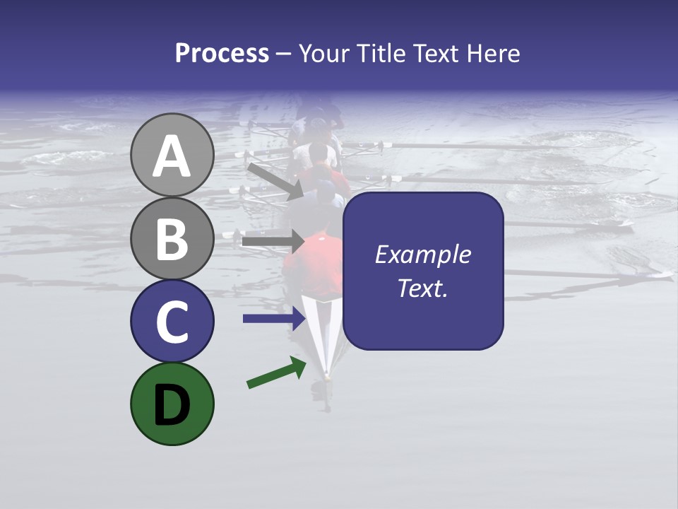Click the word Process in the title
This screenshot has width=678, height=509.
point(222,54)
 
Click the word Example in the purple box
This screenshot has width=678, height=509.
point(422,255)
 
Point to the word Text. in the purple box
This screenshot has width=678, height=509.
point(422,288)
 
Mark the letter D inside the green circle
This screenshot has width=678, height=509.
point(172,406)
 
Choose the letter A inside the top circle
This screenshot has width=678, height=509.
point(172,156)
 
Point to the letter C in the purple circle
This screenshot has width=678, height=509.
point(172,322)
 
